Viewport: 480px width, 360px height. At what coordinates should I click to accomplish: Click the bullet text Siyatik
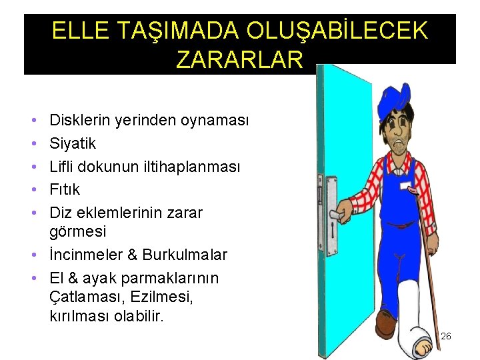(73, 143)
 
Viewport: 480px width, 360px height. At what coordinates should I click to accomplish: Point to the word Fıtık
(65, 189)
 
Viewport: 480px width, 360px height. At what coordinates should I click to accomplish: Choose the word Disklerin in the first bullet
(79, 120)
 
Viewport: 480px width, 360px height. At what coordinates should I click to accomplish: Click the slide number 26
(446, 336)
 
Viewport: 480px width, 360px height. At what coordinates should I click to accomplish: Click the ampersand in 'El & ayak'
(71, 278)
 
